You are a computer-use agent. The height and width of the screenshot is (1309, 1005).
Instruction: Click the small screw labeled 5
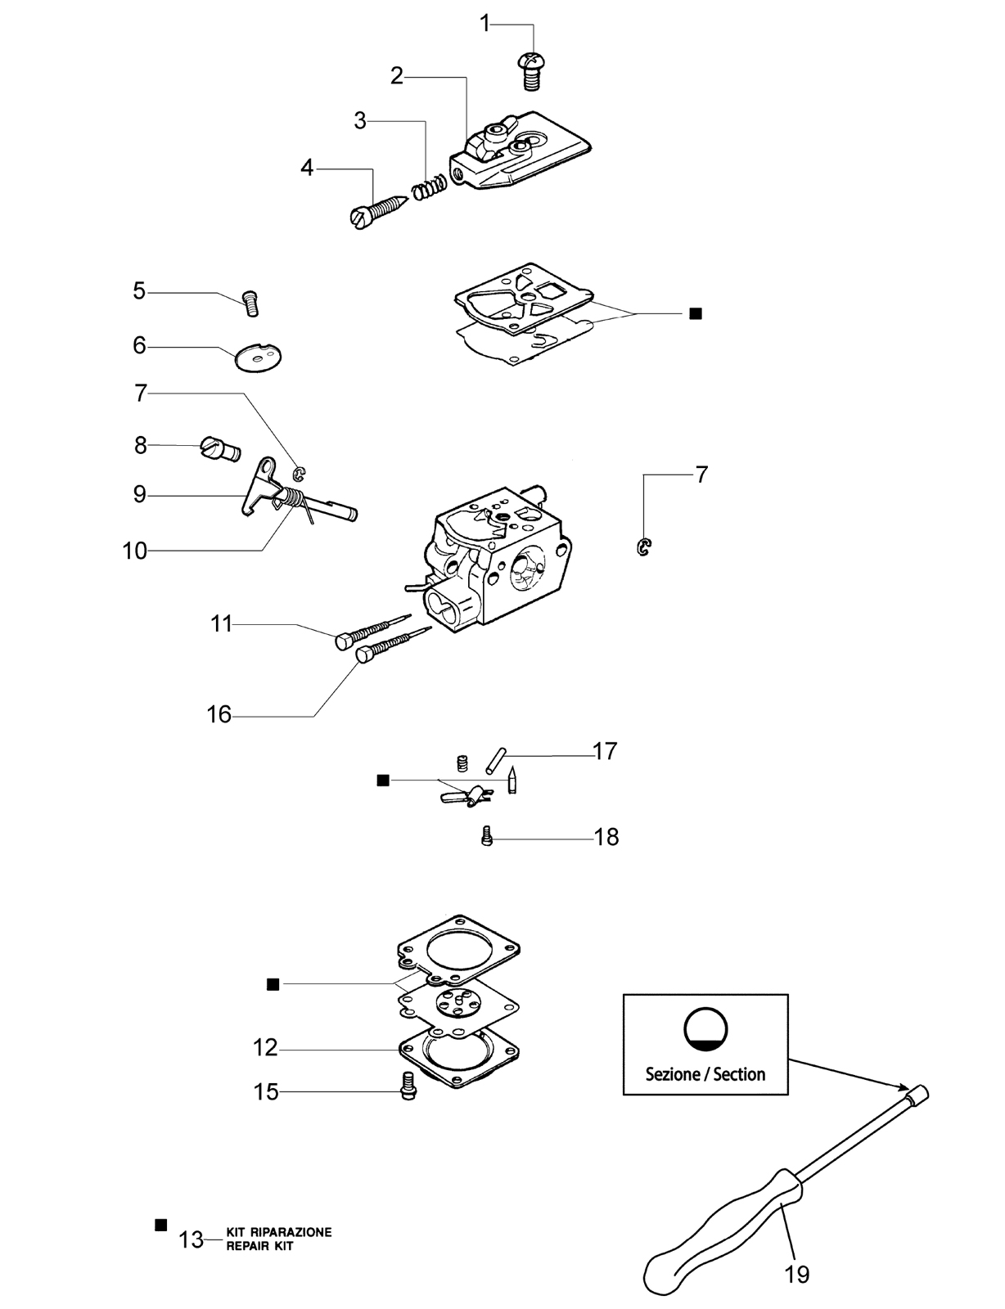click(250, 303)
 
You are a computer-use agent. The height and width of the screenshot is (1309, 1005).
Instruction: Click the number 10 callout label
click(135, 551)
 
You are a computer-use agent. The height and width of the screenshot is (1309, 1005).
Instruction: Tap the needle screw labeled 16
click(394, 645)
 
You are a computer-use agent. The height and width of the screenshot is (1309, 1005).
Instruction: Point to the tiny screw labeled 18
click(488, 837)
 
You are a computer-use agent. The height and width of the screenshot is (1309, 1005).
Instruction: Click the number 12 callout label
click(265, 1048)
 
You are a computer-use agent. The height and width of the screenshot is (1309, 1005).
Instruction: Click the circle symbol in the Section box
click(705, 1028)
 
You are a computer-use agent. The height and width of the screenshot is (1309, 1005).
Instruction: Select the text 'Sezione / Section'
click(705, 1074)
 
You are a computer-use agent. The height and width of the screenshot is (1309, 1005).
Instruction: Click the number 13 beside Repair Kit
click(192, 1239)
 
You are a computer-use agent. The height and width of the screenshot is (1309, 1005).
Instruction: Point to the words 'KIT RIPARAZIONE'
click(278, 1232)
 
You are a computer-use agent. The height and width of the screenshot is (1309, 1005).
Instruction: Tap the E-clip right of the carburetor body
click(644, 547)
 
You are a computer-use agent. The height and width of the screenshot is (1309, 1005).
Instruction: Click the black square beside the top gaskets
click(696, 313)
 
